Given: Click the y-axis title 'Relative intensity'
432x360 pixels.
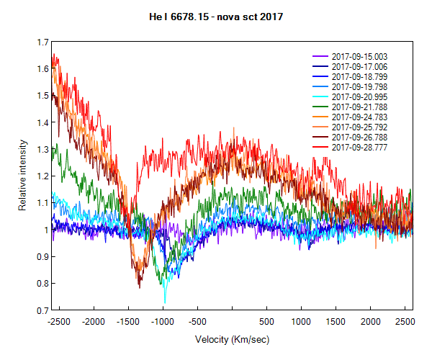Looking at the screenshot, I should pyautogui.click(x=23, y=177).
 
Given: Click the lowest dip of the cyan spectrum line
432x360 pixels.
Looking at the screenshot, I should pyautogui.click(x=165, y=303).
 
